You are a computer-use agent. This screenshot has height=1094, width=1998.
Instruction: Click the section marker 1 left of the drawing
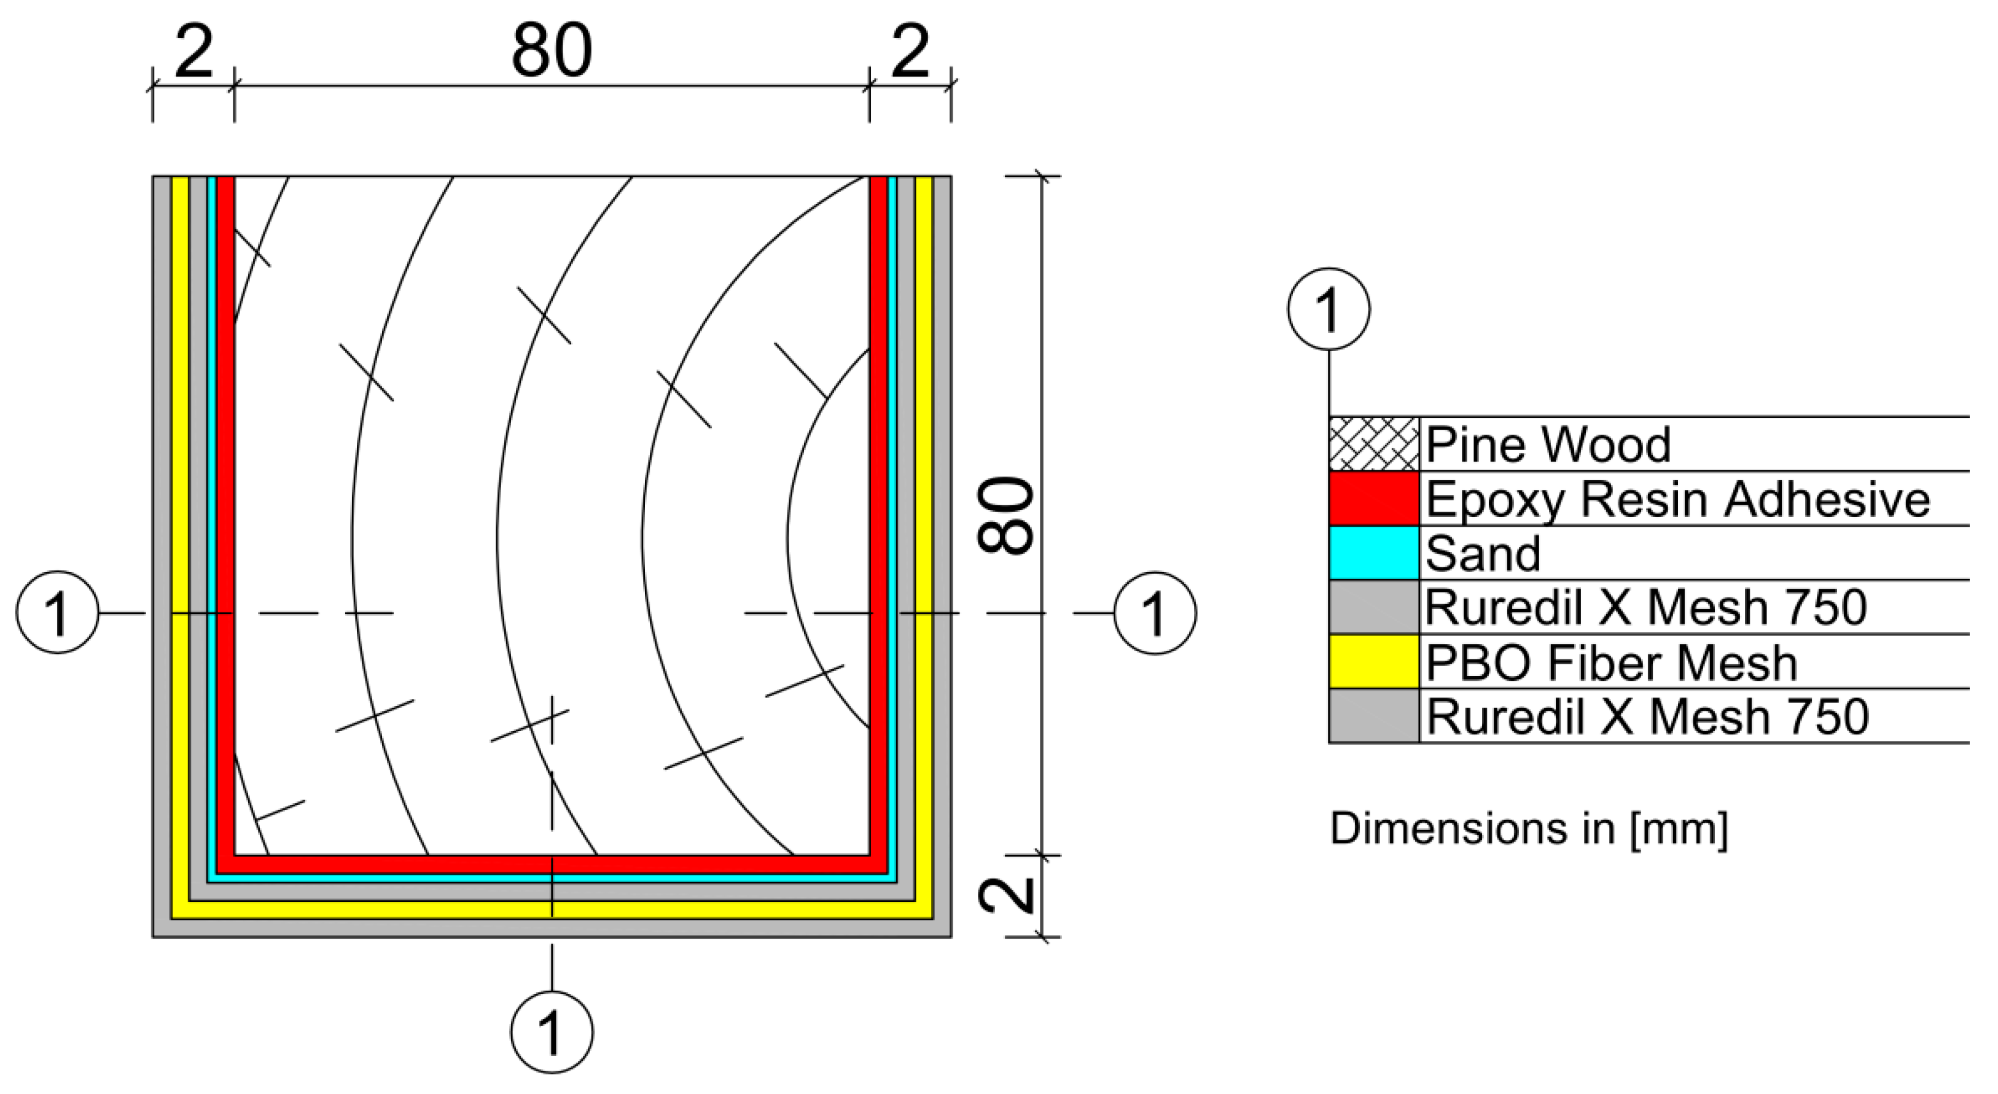(x=57, y=613)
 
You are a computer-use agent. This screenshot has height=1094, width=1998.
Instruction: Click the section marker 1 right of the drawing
(x=1155, y=613)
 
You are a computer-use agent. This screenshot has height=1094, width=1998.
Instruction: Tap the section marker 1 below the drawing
(x=552, y=1032)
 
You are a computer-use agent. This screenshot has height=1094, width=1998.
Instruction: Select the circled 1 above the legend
(x=1329, y=309)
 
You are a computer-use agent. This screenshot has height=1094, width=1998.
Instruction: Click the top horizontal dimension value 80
(x=552, y=51)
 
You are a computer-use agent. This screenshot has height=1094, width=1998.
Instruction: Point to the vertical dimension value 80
(x=1006, y=515)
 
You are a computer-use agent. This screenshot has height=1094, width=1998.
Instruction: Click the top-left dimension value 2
(x=193, y=51)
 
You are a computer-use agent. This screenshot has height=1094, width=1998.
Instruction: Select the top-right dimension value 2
(x=910, y=51)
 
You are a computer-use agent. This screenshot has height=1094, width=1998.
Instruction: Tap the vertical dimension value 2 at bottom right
(x=1006, y=896)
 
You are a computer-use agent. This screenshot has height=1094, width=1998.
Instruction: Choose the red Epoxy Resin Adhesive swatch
(x=1373, y=499)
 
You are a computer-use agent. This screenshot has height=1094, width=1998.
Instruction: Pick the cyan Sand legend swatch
(x=1373, y=553)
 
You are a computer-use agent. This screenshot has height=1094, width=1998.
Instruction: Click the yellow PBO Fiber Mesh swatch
(x=1373, y=661)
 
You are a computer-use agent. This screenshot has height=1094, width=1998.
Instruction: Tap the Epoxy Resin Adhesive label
(x=1677, y=499)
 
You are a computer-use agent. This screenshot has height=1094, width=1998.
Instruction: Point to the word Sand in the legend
(x=1483, y=554)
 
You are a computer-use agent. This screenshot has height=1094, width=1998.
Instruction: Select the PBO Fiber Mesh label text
(x=1611, y=662)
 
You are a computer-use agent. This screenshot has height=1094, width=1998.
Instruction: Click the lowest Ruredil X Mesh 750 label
(x=1647, y=716)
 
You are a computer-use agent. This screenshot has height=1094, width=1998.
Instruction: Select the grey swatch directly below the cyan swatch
(x=1373, y=607)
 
